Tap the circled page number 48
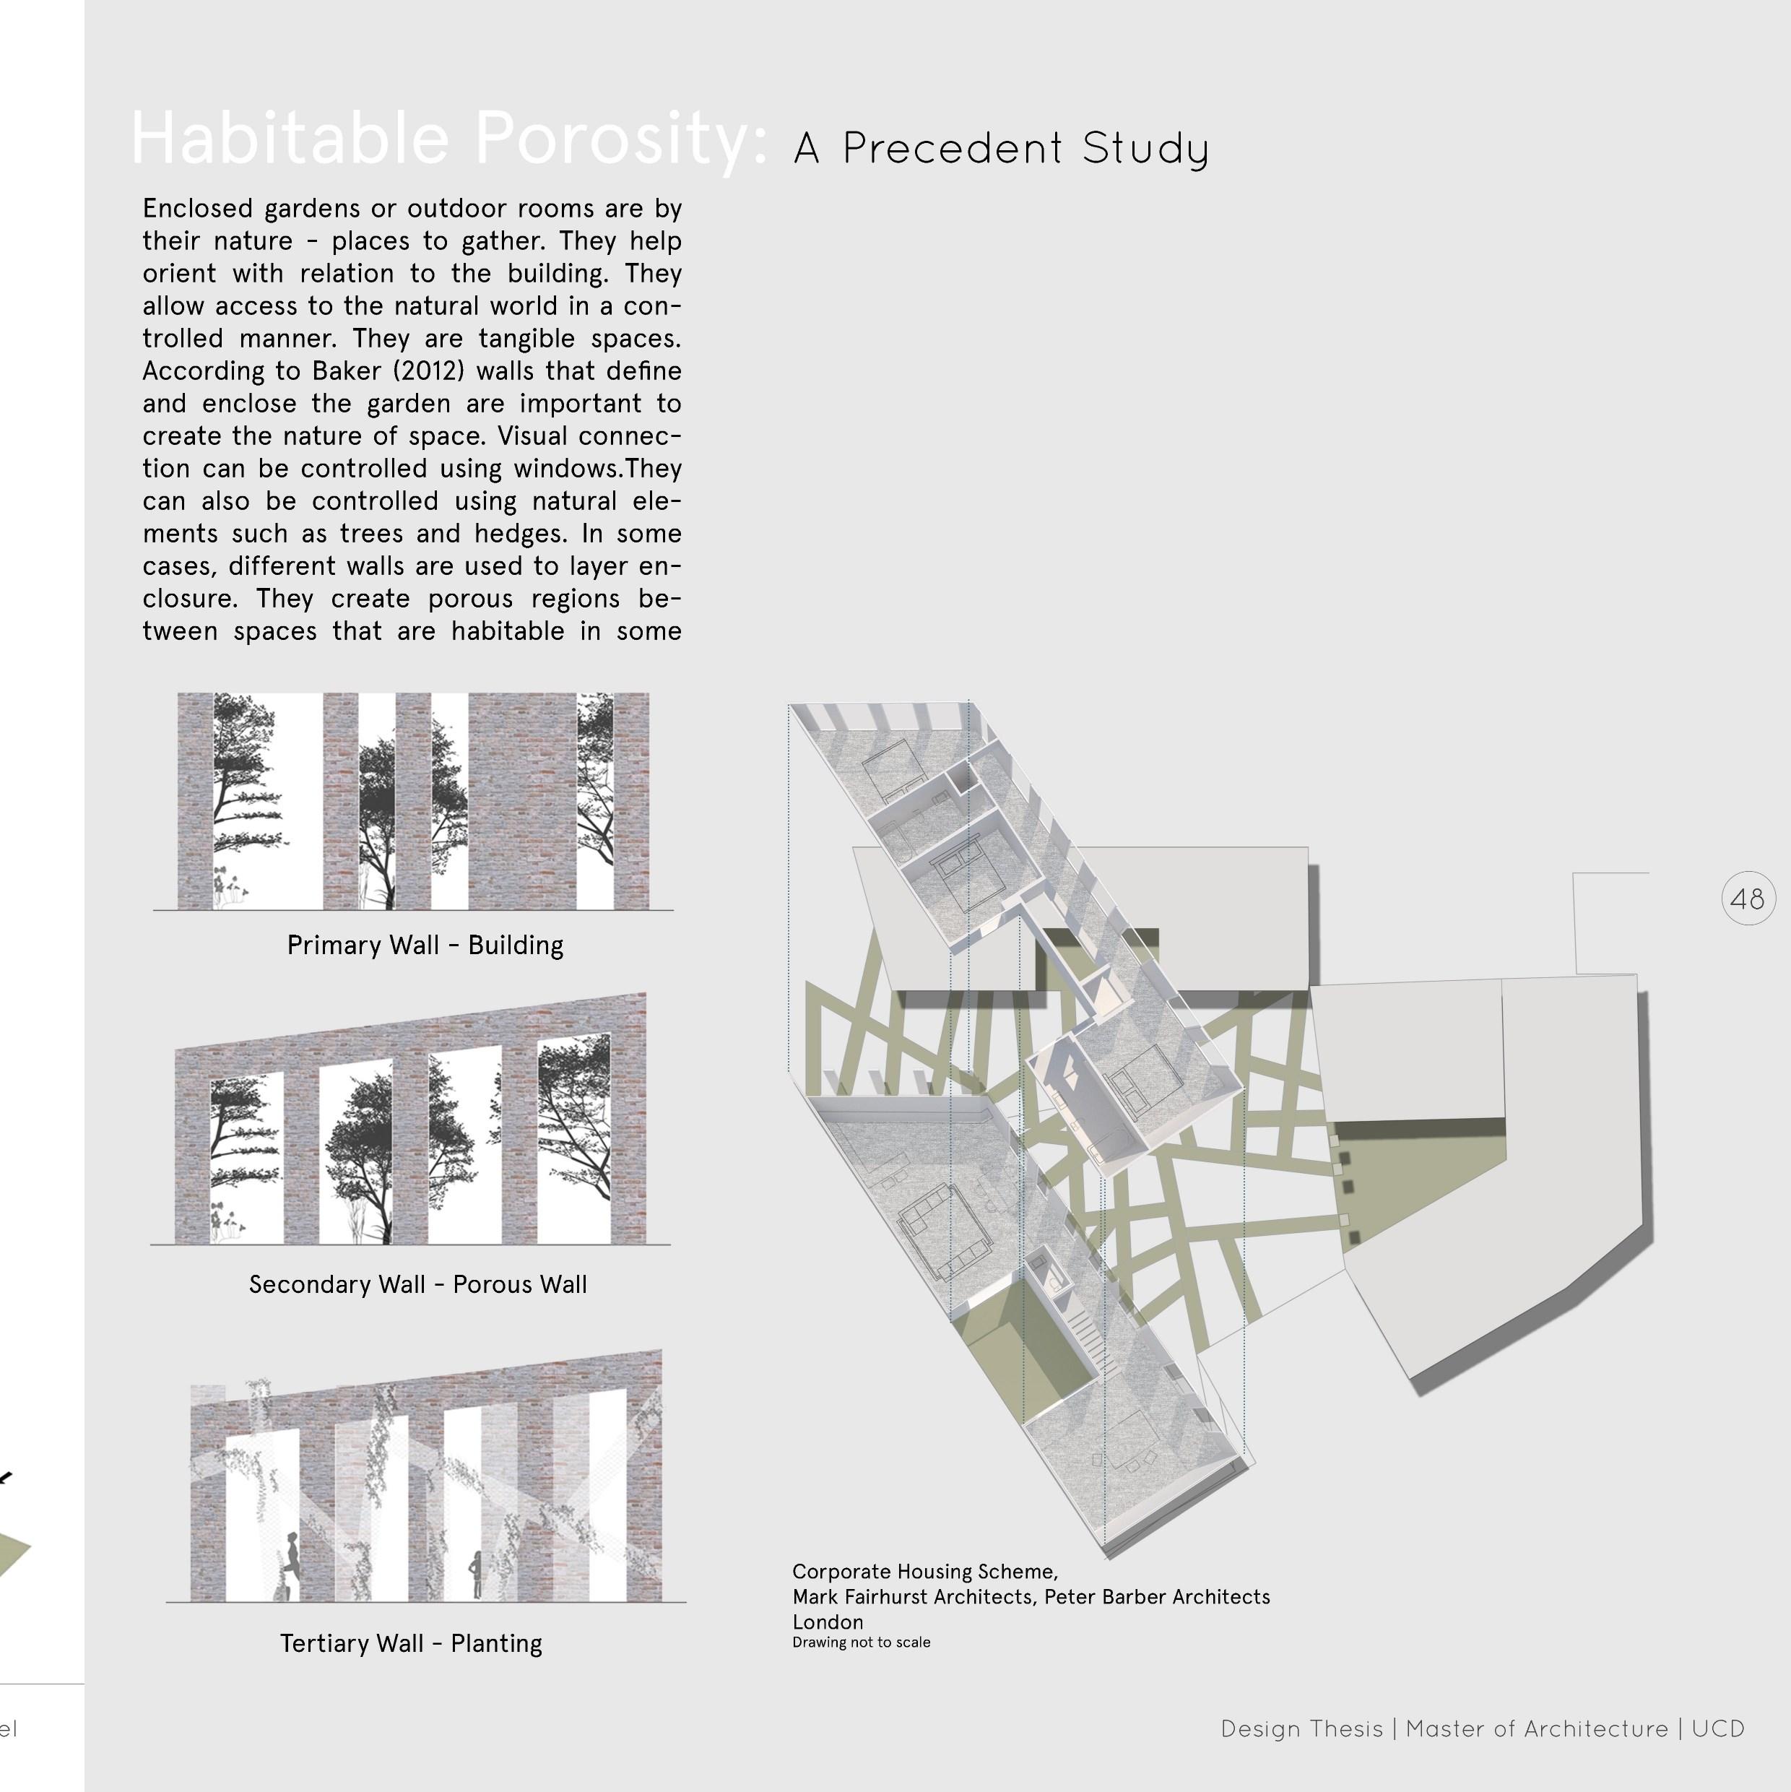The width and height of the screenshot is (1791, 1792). pos(1748,899)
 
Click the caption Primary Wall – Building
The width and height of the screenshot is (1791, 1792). pos(425,945)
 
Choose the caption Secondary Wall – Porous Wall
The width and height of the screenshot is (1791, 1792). pos(417,1285)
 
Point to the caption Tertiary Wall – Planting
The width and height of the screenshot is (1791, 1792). pos(411,1644)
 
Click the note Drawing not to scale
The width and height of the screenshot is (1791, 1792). pos(861,1642)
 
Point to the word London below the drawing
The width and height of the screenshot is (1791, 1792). pos(828,1622)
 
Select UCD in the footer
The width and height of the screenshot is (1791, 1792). pos(1718,1729)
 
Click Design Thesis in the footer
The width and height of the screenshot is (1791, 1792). pos(1301,1729)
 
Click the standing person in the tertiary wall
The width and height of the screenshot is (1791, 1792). pos(477,1572)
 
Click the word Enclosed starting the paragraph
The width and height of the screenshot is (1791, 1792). pos(199,209)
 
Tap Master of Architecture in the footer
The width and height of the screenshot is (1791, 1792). pos(1537,1729)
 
